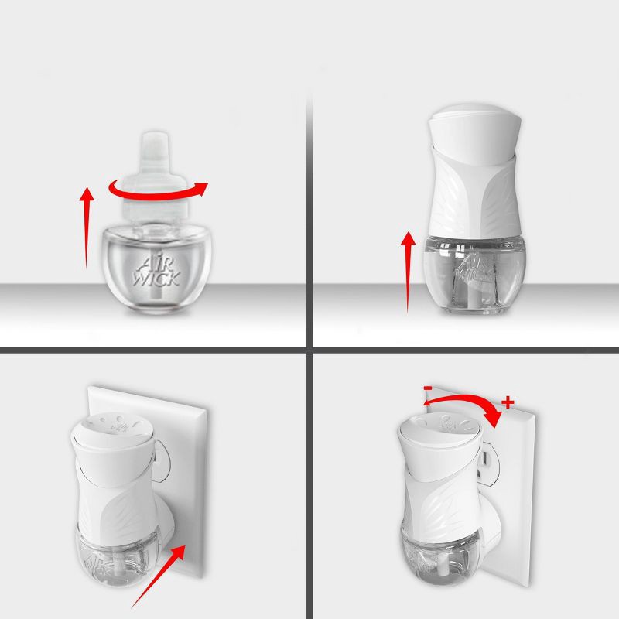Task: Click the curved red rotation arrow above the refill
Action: (159, 190)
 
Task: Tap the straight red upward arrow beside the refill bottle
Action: (88, 224)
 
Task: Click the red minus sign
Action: (426, 386)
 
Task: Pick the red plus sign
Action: (508, 403)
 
